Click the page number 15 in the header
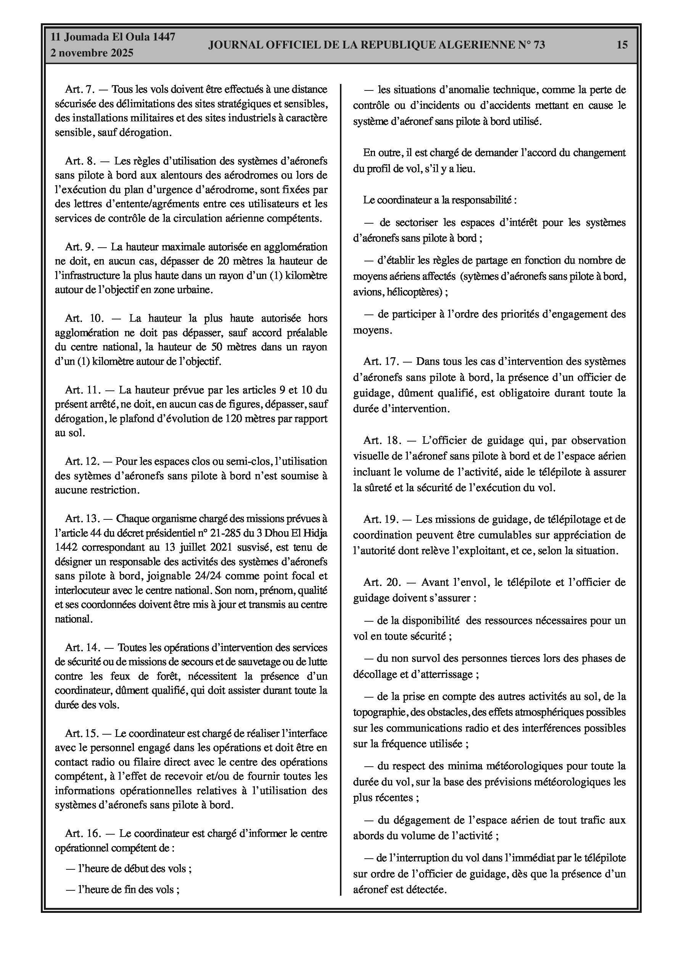(622, 45)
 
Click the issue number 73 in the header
(539, 45)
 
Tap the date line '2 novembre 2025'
(92, 53)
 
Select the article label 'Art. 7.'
(80, 89)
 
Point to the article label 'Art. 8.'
(80, 161)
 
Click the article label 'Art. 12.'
(82, 461)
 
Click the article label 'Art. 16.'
(82, 833)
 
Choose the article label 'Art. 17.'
(380, 361)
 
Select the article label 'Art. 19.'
(380, 519)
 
